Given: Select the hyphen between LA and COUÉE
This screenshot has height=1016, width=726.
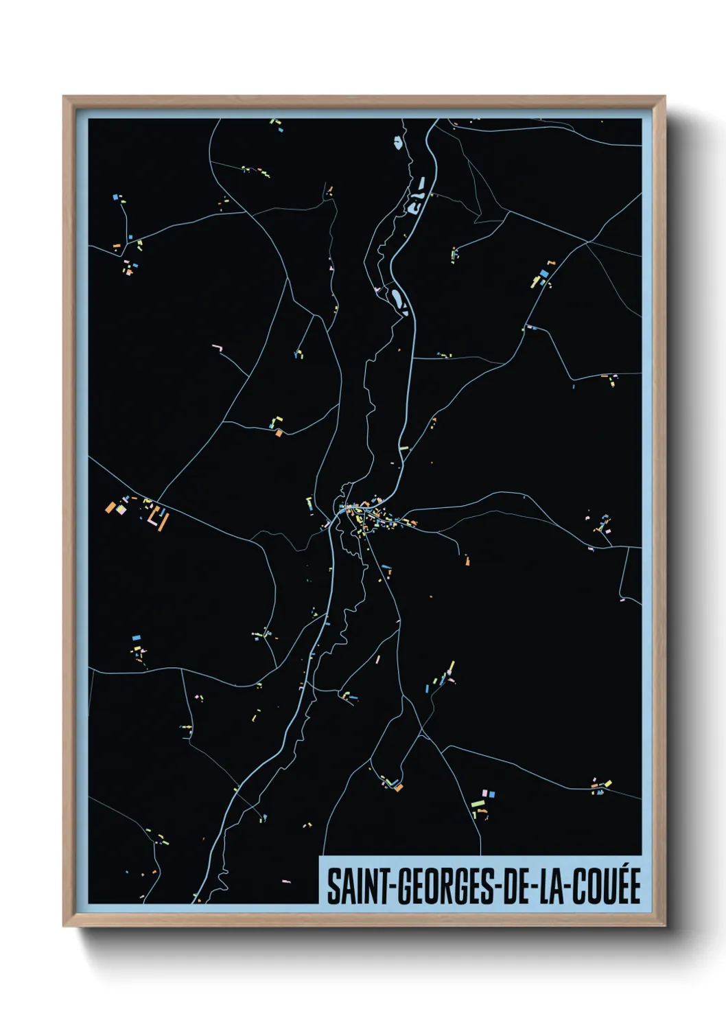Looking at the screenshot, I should click(569, 888).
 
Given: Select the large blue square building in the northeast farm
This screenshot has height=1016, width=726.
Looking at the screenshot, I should click(544, 273).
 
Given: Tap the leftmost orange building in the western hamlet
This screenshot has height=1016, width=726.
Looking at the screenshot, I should click(109, 507).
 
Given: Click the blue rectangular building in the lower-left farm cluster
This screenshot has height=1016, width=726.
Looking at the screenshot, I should click(136, 638).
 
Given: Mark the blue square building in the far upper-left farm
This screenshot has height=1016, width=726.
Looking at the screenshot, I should click(115, 198).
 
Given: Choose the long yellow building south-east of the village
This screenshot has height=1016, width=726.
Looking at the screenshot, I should click(451, 668).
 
